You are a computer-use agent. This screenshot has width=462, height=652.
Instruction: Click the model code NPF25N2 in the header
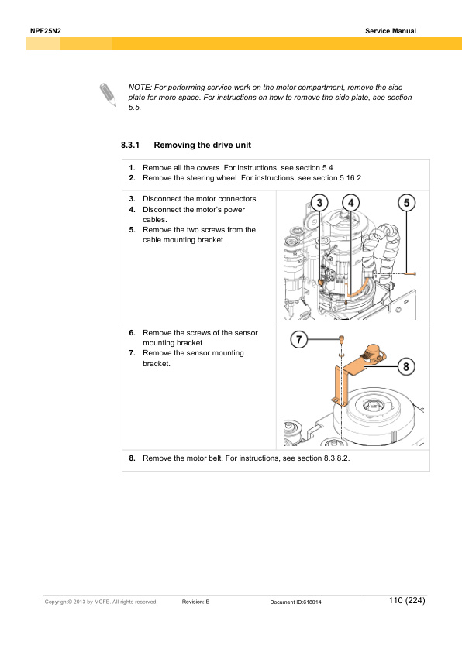[x=46, y=31]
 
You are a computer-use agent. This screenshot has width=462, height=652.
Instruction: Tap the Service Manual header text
[x=391, y=31]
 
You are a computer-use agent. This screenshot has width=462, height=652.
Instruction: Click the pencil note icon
[x=108, y=94]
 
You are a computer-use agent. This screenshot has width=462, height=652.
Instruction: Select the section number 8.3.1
[x=130, y=145]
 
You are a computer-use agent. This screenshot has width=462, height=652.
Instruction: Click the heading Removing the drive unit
[x=202, y=145]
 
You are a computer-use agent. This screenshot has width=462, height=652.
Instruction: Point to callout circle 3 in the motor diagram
[x=319, y=203]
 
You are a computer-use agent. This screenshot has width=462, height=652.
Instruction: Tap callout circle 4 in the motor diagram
[x=351, y=203]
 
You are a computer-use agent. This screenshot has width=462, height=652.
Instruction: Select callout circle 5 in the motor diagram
[x=407, y=203]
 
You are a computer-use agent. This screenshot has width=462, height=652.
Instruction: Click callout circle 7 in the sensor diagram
[x=299, y=339]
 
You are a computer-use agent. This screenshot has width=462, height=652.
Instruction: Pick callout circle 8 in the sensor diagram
[x=406, y=367]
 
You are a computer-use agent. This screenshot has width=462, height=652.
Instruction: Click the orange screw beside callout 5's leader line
[x=411, y=273]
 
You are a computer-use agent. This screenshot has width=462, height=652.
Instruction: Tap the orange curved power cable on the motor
[x=359, y=290]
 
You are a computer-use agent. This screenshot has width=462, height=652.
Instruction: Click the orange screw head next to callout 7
[x=341, y=338]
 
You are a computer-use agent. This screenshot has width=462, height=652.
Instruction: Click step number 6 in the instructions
[x=132, y=333]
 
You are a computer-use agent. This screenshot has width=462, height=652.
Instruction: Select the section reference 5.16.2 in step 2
[x=351, y=178]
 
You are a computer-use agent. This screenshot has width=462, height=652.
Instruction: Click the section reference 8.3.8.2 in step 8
[x=336, y=458]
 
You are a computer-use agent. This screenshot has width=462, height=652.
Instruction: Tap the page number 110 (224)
[x=407, y=600]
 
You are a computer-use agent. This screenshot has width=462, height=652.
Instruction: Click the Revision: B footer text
[x=195, y=602]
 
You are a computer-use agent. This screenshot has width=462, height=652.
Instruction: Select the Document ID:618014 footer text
[x=295, y=602]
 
